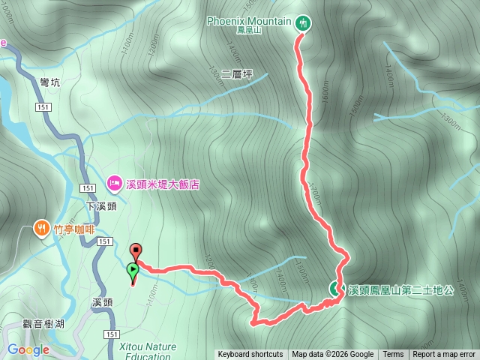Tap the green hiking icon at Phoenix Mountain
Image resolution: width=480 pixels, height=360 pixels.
(302, 22)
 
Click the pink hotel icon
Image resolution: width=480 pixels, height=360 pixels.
(114, 181)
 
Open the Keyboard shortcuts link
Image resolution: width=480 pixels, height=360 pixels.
(250, 355)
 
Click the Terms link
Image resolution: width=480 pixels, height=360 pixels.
(393, 355)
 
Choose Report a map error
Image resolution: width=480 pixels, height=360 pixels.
(444, 355)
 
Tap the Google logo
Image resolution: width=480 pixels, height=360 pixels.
(28, 349)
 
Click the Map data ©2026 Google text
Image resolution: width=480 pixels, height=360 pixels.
(333, 355)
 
